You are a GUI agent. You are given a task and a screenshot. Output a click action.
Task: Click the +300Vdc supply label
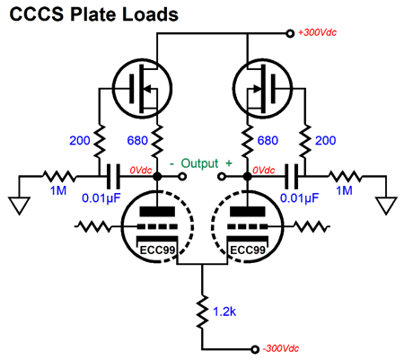317,32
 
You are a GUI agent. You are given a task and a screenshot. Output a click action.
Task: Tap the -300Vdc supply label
280,348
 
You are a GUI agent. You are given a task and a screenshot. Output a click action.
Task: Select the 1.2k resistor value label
224,312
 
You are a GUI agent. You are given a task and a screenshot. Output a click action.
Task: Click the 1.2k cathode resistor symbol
202,312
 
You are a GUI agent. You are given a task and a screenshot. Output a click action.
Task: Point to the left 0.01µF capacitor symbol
113,177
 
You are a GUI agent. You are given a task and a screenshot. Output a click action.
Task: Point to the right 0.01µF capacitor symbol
292,177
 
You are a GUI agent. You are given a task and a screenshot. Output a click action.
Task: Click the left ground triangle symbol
20,206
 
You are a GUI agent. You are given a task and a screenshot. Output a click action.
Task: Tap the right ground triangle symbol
386,206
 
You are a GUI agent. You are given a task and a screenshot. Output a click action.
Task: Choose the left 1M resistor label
58,190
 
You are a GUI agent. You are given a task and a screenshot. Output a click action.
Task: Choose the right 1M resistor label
344,190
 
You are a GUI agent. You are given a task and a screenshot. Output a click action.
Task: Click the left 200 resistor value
80,140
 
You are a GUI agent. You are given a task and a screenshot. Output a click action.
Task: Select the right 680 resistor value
268,140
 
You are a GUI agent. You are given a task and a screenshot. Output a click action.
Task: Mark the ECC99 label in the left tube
157,250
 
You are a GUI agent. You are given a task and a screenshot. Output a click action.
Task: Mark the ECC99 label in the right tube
248,250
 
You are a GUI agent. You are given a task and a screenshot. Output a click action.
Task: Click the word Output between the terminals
200,163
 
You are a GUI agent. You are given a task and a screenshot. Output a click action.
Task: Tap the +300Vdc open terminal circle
290,33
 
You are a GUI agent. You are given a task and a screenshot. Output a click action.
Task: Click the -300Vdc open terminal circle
255,349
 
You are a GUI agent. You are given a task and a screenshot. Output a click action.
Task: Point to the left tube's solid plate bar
157,212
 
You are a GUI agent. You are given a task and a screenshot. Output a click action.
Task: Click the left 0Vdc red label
141,171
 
